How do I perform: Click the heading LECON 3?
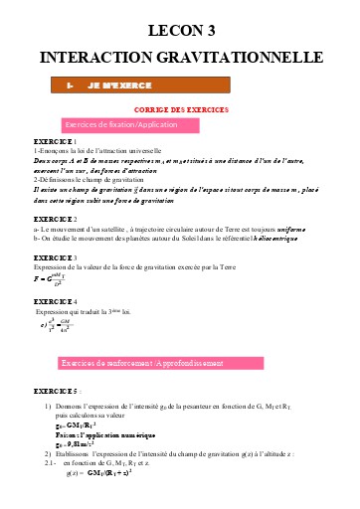(x=180, y=33)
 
